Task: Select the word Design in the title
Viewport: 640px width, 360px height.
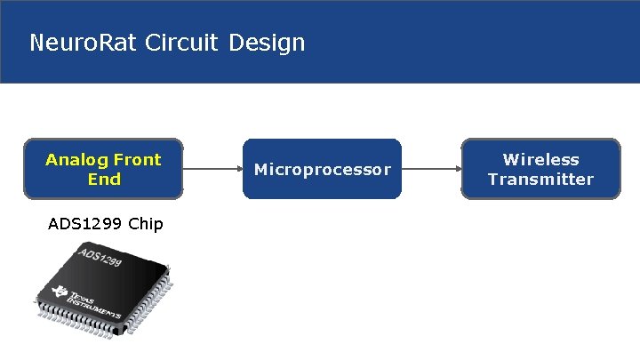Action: (x=267, y=42)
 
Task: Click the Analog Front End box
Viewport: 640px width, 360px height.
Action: (x=104, y=168)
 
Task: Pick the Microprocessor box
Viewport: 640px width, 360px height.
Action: (x=322, y=169)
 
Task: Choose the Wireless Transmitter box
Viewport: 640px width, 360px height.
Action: (x=540, y=168)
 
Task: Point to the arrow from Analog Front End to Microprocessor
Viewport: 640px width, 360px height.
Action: (x=212, y=168)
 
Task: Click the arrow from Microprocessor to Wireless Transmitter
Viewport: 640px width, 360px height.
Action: (x=431, y=168)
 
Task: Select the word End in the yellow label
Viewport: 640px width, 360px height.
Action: (x=104, y=180)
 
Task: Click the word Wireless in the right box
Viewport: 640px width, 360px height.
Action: (x=540, y=160)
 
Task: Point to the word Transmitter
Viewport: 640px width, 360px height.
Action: (x=540, y=180)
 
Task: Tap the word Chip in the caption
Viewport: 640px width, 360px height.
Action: (x=146, y=223)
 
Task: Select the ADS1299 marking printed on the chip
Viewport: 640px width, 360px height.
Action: (x=100, y=259)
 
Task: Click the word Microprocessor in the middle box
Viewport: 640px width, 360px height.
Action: (x=322, y=169)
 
